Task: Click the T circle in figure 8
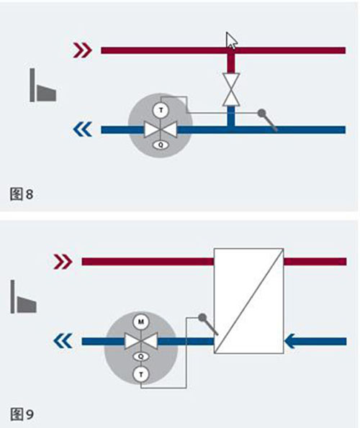161,111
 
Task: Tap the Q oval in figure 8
161,145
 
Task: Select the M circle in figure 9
140,322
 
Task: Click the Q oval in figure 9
141,357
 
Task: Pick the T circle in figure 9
141,374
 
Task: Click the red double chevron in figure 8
82,50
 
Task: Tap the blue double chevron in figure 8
82,129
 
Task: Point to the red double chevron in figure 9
63,262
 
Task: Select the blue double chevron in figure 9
63,341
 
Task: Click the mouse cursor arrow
231,41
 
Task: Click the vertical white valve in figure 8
231,89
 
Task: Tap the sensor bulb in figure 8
261,112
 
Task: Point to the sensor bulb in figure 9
202,317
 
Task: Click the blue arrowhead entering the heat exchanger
290,341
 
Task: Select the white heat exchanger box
248,301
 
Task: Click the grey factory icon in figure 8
43,85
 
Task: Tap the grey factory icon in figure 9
24,296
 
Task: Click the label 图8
22,193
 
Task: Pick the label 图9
22,414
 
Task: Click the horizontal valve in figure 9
141,341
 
